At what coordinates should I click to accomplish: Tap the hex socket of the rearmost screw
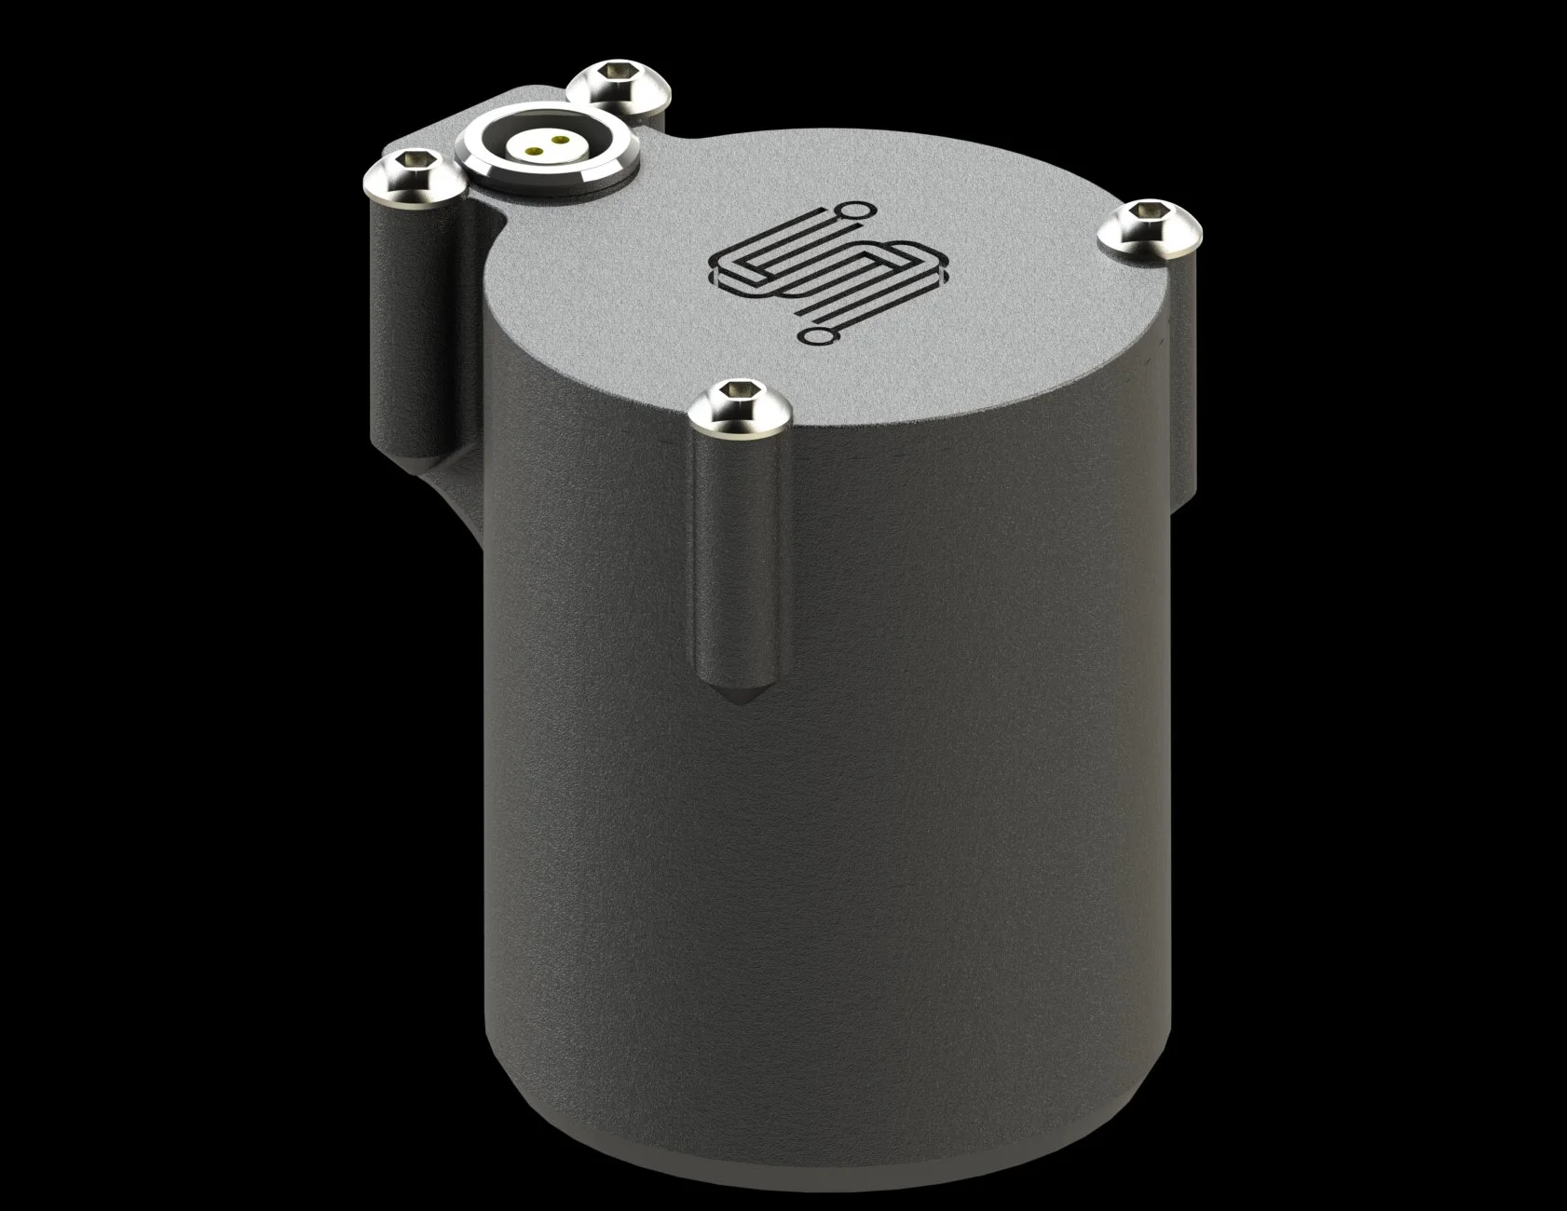tap(612, 72)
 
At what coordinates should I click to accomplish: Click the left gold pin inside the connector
tap(534, 146)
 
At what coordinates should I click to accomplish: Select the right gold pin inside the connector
tap(558, 142)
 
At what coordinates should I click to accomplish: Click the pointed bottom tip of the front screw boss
tap(736, 699)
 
